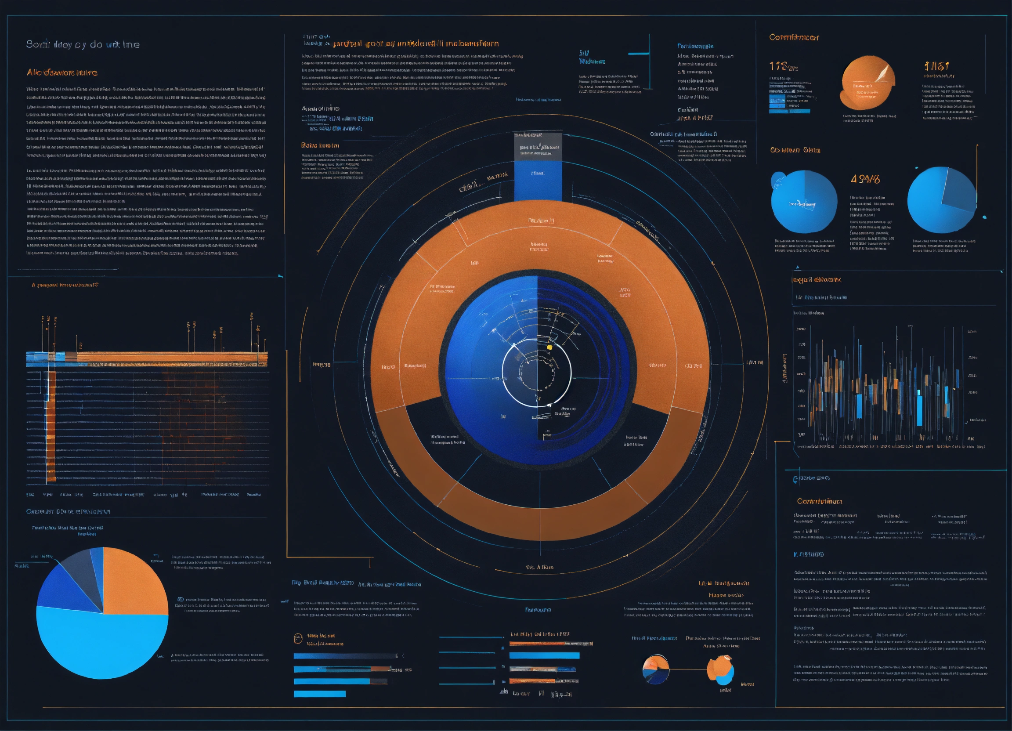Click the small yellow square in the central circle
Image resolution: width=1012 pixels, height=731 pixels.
(x=549, y=347)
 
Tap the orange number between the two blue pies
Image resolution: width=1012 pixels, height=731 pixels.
(x=865, y=179)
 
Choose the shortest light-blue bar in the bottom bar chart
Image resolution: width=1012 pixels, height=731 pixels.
(x=319, y=694)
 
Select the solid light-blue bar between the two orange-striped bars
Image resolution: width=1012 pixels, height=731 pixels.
(x=544, y=655)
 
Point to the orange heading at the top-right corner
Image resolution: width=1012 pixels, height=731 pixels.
(x=794, y=37)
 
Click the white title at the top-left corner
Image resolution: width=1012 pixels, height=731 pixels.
(x=83, y=45)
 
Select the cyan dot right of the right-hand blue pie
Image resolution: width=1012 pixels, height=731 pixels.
(x=984, y=217)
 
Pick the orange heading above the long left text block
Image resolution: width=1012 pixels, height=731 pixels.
(x=62, y=72)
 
